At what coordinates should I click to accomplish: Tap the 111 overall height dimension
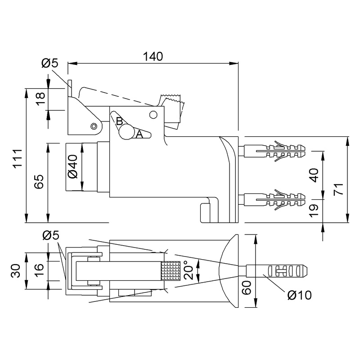[17, 158]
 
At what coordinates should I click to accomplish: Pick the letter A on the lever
[139, 134]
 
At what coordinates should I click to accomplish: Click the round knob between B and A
[126, 132]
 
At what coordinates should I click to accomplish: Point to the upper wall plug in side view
[274, 149]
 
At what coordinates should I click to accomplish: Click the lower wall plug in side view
[274, 199]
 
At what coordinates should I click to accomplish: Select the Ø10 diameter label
[298, 296]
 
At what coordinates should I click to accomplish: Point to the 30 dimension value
[17, 271]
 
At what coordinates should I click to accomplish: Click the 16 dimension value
[39, 271]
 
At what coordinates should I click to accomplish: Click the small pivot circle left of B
[94, 126]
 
